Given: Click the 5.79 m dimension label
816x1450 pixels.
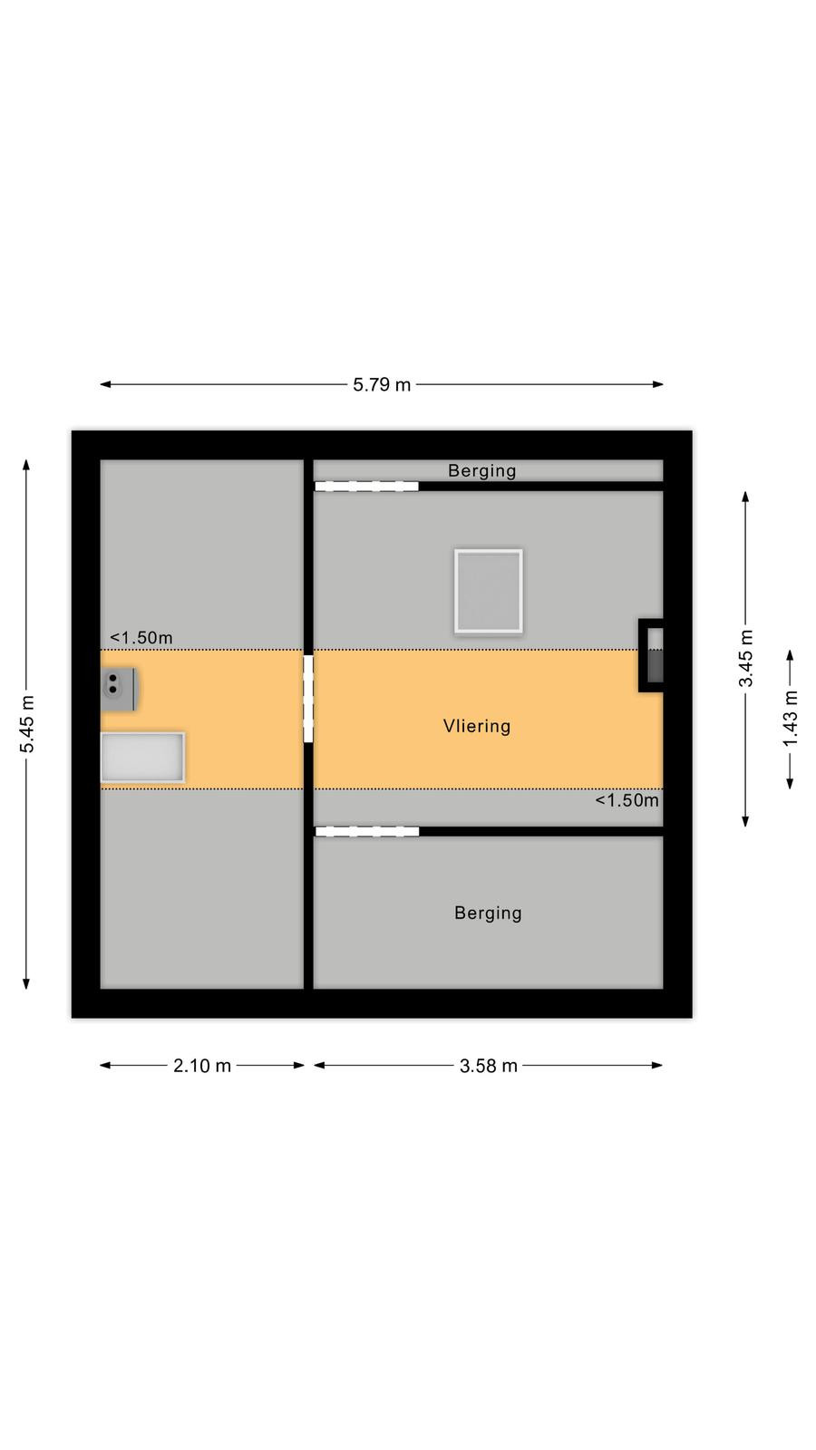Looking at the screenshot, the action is coord(382,384).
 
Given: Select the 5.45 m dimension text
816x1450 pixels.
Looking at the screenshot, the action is coord(27,724).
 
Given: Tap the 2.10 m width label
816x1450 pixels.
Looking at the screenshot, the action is coord(202,1066).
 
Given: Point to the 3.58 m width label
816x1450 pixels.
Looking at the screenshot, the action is coord(489,1066).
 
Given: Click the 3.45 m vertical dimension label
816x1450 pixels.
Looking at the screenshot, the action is coord(746,658).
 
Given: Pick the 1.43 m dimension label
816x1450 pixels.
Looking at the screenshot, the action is coord(790,719).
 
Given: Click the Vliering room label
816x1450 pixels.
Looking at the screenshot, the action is coord(477,726).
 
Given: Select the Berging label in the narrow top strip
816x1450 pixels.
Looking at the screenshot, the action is coord(481,470).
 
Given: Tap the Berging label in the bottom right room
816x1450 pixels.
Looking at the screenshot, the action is coord(489,913).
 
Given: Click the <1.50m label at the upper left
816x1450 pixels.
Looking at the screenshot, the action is coord(141,638).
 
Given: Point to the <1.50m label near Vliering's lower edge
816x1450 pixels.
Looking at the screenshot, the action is coord(627,800).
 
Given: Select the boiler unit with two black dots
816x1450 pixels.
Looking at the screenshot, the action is coord(119,689).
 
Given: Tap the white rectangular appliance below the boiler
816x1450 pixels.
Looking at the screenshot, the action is coord(142,758).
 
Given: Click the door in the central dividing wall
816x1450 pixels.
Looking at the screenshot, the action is coord(308,699).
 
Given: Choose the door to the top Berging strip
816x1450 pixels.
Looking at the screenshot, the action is coord(366,486).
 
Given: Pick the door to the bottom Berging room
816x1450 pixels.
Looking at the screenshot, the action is coord(366,831).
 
